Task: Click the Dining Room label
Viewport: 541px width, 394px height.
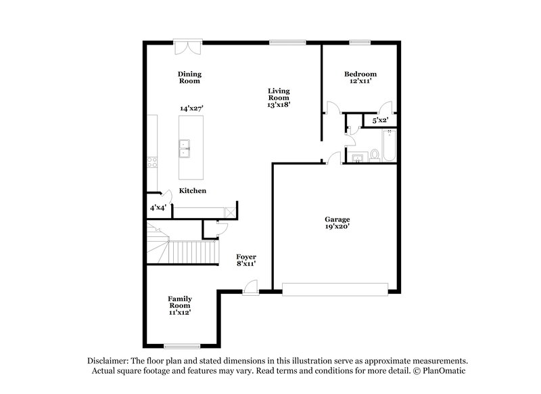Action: tap(190, 77)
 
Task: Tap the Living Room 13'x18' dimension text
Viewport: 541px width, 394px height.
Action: tap(279, 105)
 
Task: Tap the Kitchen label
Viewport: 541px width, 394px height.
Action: tap(193, 191)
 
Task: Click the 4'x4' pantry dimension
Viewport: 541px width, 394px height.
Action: tap(158, 207)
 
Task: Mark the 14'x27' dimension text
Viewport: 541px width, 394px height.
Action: tap(192, 108)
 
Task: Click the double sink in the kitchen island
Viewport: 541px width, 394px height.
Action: tap(184, 148)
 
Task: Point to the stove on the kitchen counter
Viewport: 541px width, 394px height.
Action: tap(153, 162)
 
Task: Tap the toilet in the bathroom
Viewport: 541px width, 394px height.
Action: tap(374, 155)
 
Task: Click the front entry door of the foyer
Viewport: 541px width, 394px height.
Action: tap(250, 289)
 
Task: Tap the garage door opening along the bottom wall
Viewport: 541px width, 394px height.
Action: tap(335, 289)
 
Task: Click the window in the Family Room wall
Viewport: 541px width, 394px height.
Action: tap(183, 346)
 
